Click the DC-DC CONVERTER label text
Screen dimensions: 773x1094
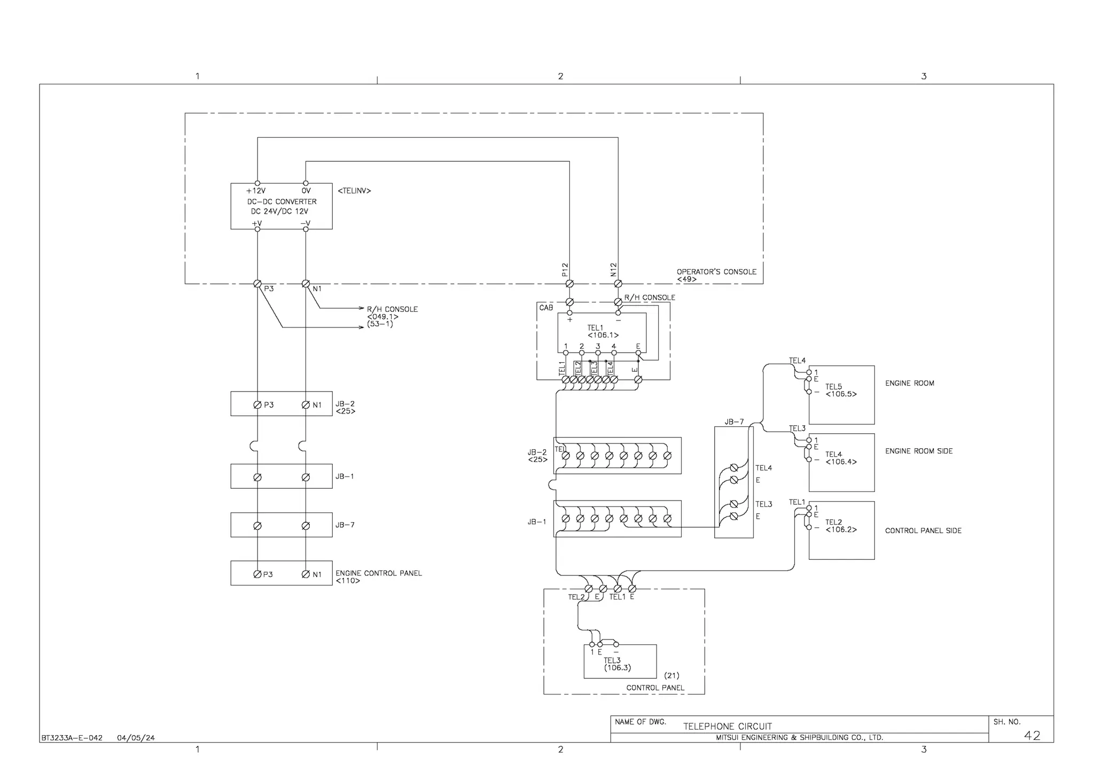[x=282, y=201]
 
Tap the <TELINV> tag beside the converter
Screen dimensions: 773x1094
[x=354, y=191]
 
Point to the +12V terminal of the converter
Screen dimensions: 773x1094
[x=257, y=183]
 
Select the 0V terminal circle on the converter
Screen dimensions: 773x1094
[x=306, y=183]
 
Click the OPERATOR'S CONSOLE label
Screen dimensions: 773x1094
[x=716, y=271]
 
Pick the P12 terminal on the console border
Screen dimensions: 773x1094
[x=569, y=284]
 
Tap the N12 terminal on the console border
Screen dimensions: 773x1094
[x=618, y=284]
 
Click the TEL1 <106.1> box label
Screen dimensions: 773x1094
[x=602, y=331]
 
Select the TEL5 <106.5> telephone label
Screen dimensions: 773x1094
[x=840, y=391]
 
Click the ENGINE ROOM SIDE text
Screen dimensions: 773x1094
[x=919, y=451]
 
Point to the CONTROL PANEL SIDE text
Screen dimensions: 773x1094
[x=923, y=530]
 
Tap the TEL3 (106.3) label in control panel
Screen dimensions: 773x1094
[x=617, y=664]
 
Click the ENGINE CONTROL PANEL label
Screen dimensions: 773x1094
[x=379, y=573]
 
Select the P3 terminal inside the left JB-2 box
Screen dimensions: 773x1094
[x=257, y=405]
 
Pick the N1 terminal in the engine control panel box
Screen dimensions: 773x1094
[x=306, y=574]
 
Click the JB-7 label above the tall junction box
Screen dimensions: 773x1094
[x=734, y=422]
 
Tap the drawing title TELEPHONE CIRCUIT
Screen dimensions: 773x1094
[x=727, y=726]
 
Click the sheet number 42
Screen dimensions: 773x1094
[x=1032, y=736]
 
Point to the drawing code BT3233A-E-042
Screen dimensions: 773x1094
[x=72, y=738]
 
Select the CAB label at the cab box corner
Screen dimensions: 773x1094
[x=546, y=308]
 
